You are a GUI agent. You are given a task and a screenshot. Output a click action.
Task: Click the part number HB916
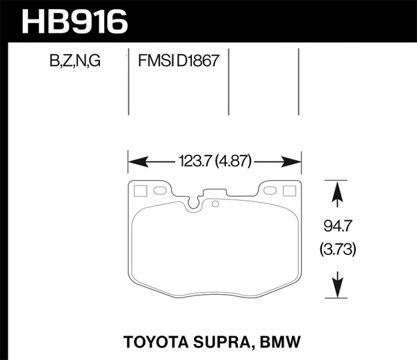[x=75, y=21]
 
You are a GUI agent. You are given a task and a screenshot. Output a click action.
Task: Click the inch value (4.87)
[x=234, y=163]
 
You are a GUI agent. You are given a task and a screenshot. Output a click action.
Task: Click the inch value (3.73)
[x=336, y=247]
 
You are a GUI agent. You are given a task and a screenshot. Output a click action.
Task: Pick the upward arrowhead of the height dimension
[x=336, y=191]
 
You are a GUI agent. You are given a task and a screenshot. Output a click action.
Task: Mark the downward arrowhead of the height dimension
[x=336, y=286]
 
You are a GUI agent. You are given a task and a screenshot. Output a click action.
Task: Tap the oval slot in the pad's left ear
[x=158, y=190]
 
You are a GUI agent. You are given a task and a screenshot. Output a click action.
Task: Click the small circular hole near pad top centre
[x=215, y=204]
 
